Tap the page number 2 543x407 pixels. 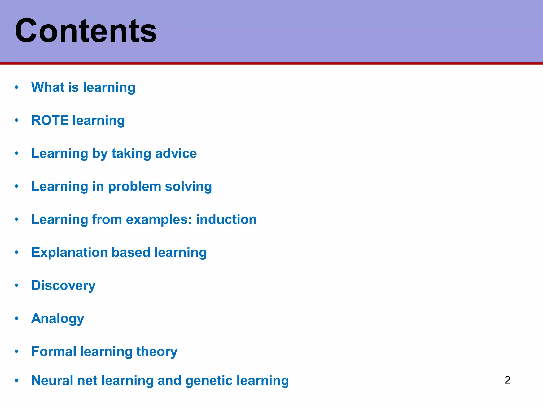pos(507,380)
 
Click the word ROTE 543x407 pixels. pos(50,120)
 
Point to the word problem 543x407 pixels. pos(134,187)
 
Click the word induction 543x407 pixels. pos(226,220)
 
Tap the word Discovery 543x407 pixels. pos(63,286)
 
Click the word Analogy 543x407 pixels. pos(58,319)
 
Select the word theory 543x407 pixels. pos(157,352)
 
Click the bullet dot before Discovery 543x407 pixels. pos(17,285)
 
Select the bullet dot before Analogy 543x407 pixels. pos(17,318)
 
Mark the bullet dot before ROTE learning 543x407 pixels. pos(17,120)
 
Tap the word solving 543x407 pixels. pos(188,187)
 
